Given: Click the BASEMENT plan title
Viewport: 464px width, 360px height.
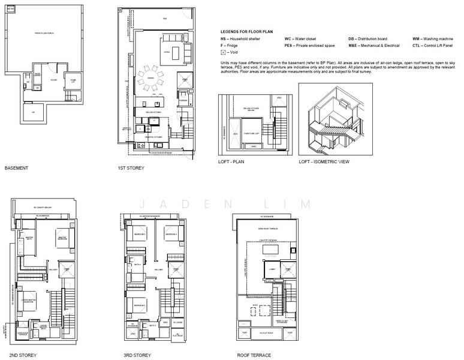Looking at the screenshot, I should (x=16, y=169).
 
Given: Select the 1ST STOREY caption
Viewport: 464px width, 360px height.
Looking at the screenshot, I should (x=130, y=169).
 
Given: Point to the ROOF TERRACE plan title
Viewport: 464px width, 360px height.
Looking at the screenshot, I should (x=251, y=355).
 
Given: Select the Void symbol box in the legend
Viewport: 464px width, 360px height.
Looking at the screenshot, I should (x=223, y=52).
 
